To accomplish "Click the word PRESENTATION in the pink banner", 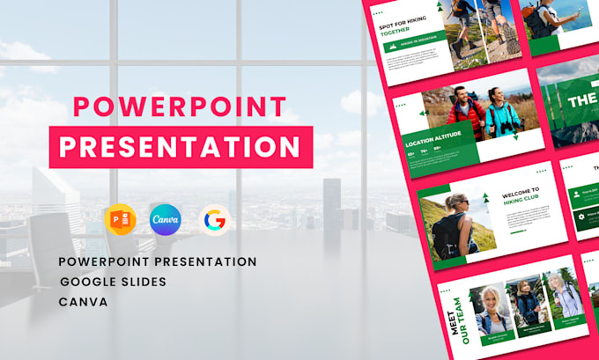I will (x=181, y=144).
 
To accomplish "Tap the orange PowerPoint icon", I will (x=121, y=219).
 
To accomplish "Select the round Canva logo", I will (x=166, y=219).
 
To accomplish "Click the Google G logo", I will (x=212, y=219).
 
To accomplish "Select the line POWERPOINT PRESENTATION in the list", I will (x=159, y=262).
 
